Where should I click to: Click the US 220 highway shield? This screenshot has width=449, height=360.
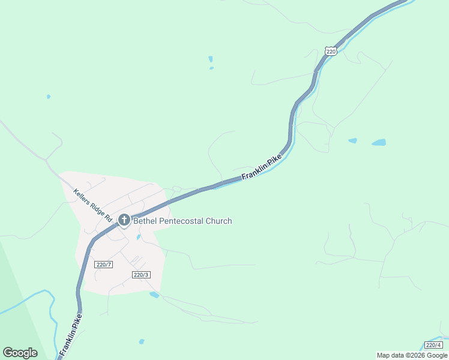point(331,51)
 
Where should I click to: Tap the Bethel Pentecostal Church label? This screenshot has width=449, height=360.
point(182,221)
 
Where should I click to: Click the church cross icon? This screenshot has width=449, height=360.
point(124,220)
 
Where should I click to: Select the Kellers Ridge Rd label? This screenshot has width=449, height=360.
point(93,206)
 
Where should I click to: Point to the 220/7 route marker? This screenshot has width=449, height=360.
point(104,264)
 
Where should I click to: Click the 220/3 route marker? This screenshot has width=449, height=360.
point(140,274)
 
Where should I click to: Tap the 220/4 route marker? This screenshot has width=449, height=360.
point(433,345)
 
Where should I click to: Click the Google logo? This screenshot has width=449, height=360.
point(20,353)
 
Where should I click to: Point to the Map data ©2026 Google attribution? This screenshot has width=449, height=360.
point(412,355)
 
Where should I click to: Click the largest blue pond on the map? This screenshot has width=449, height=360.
point(378,143)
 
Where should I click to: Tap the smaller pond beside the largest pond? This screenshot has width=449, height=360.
point(352,141)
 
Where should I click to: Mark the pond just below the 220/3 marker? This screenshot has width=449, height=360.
point(154,295)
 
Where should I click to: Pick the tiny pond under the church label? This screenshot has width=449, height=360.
point(139,237)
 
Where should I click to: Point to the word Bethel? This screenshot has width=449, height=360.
point(144,221)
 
